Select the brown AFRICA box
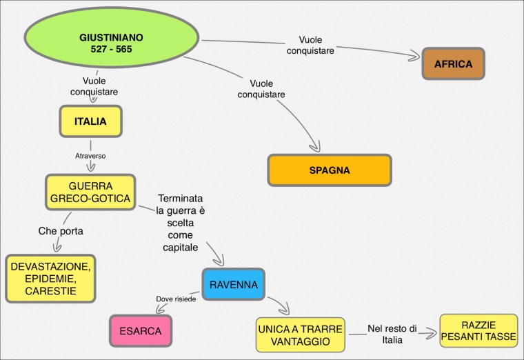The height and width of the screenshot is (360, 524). (x=453, y=64)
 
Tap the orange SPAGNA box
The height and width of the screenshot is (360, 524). (x=330, y=170)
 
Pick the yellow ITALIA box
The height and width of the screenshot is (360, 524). (x=90, y=121)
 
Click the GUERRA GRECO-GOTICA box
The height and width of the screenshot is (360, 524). (x=90, y=192)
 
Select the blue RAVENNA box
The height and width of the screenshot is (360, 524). (x=234, y=283)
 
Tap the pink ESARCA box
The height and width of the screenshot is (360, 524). (x=140, y=331)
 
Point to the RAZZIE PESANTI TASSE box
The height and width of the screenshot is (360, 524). (x=478, y=330)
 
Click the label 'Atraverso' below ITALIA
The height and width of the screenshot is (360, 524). (x=90, y=156)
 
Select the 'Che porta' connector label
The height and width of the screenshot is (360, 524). (x=61, y=231)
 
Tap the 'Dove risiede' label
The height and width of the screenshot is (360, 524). (x=176, y=299)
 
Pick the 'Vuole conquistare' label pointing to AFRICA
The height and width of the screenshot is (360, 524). (x=321, y=45)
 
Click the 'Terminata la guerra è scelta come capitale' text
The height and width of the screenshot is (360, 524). (x=181, y=222)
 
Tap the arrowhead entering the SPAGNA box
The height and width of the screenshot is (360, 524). (x=316, y=148)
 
